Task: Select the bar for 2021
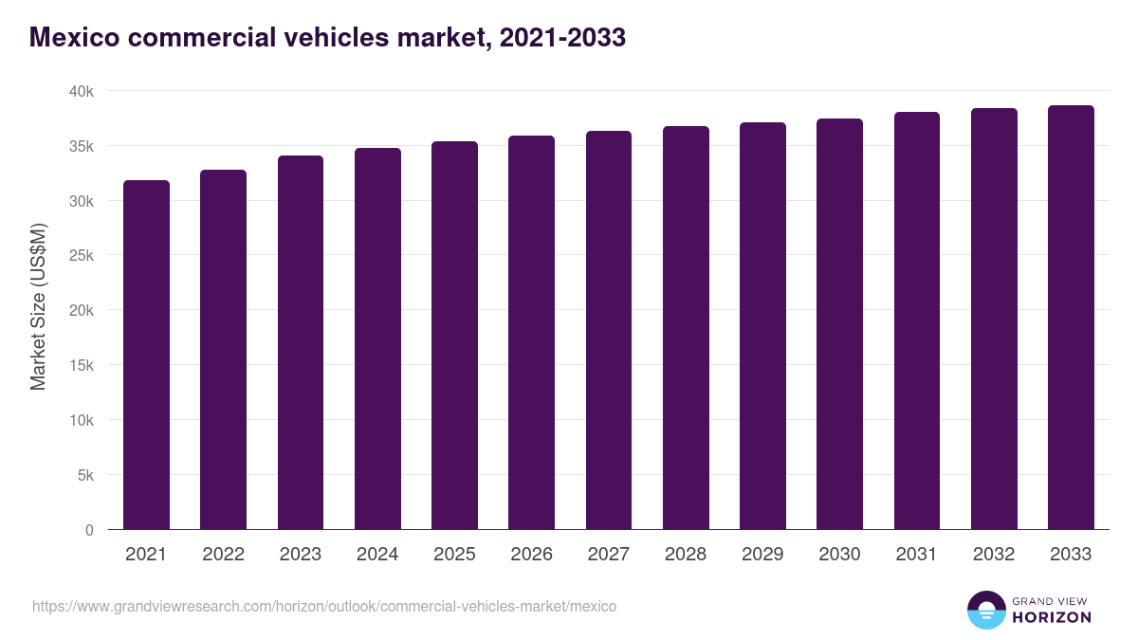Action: (x=146, y=355)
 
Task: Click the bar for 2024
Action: (x=377, y=338)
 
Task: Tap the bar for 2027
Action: (x=609, y=330)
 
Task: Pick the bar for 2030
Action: (x=839, y=324)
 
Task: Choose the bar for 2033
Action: (x=1071, y=318)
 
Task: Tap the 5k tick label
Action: (x=84, y=475)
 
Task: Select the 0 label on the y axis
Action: (x=89, y=530)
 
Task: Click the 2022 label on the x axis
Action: (x=223, y=555)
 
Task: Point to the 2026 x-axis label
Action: (x=531, y=555)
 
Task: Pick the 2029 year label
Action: (x=762, y=555)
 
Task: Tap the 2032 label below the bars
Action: (x=994, y=555)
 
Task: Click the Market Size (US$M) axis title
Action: (x=38, y=305)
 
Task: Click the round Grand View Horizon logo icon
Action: (x=985, y=610)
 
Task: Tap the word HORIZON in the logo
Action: (x=1052, y=617)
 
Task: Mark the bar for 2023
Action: (x=301, y=342)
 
